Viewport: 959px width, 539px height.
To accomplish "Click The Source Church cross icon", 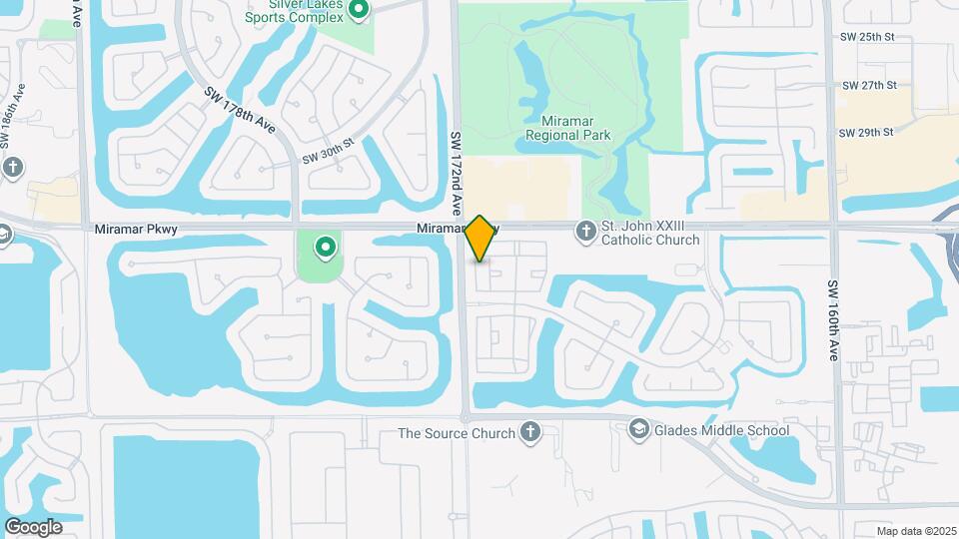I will coord(529,432).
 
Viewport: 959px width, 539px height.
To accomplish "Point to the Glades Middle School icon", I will coord(637,430).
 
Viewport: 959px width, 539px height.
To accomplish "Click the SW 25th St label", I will coord(865,37).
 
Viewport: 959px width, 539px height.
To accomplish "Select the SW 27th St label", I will coord(865,85).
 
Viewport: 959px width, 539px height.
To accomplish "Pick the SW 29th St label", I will coord(865,132).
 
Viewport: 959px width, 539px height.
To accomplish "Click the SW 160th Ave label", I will coord(833,320).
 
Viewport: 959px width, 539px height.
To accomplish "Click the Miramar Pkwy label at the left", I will coord(136,230).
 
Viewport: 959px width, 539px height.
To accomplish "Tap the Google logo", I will coord(33,526).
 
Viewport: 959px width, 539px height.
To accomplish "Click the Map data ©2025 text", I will coord(915,531).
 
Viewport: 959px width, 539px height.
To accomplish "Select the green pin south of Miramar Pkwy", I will coord(325,246).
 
